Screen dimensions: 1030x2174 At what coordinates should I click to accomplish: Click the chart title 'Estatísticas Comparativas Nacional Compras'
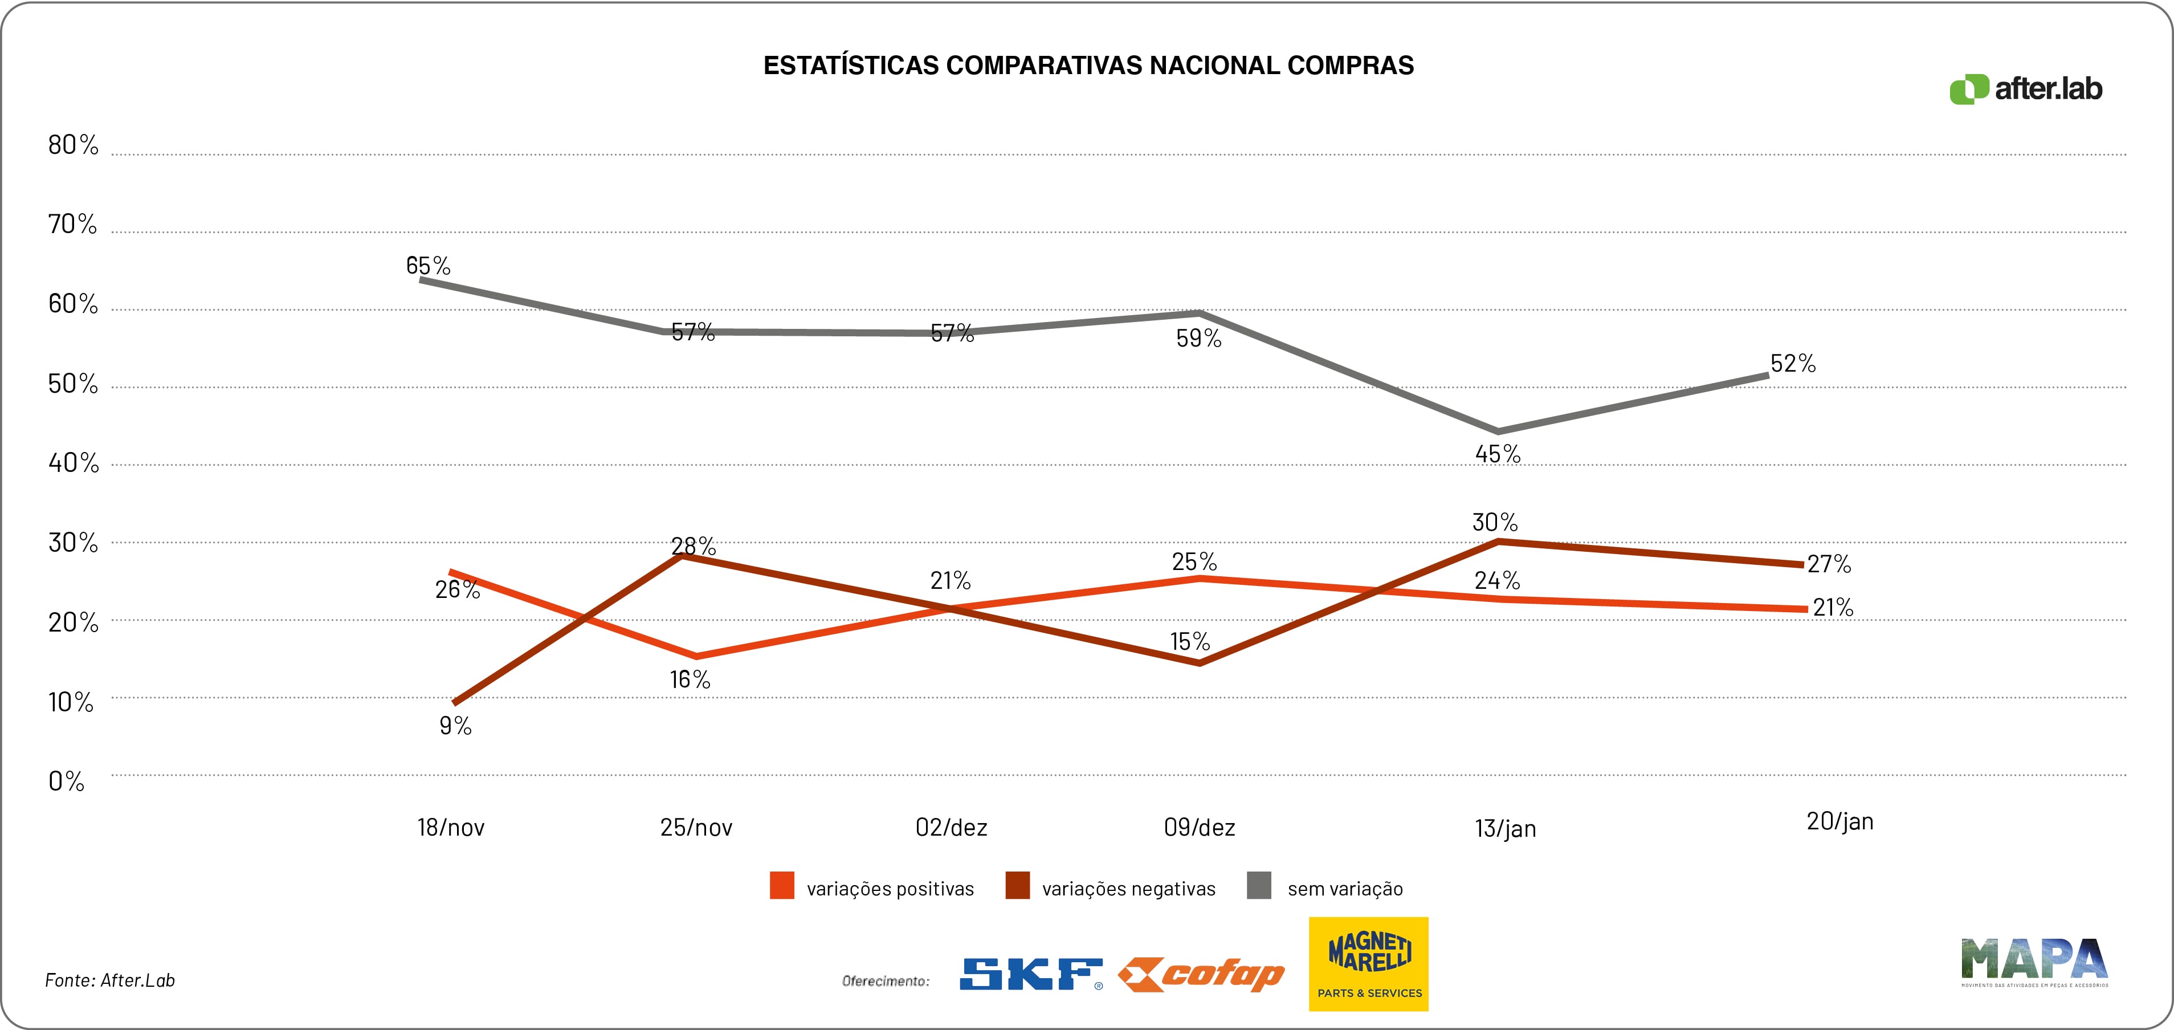[x=1088, y=66]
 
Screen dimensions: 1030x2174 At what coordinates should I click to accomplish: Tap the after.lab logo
[x=2025, y=89]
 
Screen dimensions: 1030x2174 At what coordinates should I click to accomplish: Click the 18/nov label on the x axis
[x=451, y=828]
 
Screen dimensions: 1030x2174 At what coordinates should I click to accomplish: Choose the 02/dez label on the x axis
[x=951, y=828]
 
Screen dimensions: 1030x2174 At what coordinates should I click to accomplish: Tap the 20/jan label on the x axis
[x=1840, y=821]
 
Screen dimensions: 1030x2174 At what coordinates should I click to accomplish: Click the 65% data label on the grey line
[x=428, y=266]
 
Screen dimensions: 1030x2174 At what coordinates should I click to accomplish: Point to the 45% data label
[x=1498, y=454]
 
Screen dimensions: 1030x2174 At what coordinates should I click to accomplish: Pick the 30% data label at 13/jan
[x=1495, y=523]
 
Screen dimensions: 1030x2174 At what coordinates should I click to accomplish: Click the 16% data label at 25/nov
[x=690, y=679]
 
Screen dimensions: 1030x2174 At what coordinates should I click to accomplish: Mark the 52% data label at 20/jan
[x=1793, y=364]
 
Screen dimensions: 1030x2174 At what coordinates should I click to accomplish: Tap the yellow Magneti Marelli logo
[x=1368, y=963]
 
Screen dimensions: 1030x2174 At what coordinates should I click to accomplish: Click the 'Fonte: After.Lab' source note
[x=110, y=980]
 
